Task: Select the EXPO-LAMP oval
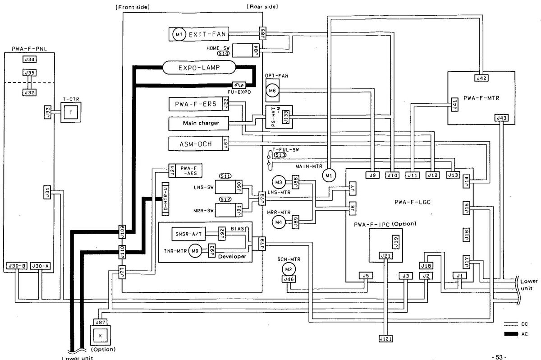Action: click(x=198, y=68)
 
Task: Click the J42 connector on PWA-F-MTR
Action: click(x=481, y=78)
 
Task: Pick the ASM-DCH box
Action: click(x=195, y=143)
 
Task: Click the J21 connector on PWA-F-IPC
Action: click(x=385, y=256)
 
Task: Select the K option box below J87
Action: click(x=100, y=336)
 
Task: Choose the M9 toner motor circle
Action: click(x=194, y=251)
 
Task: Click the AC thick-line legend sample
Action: click(x=510, y=334)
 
